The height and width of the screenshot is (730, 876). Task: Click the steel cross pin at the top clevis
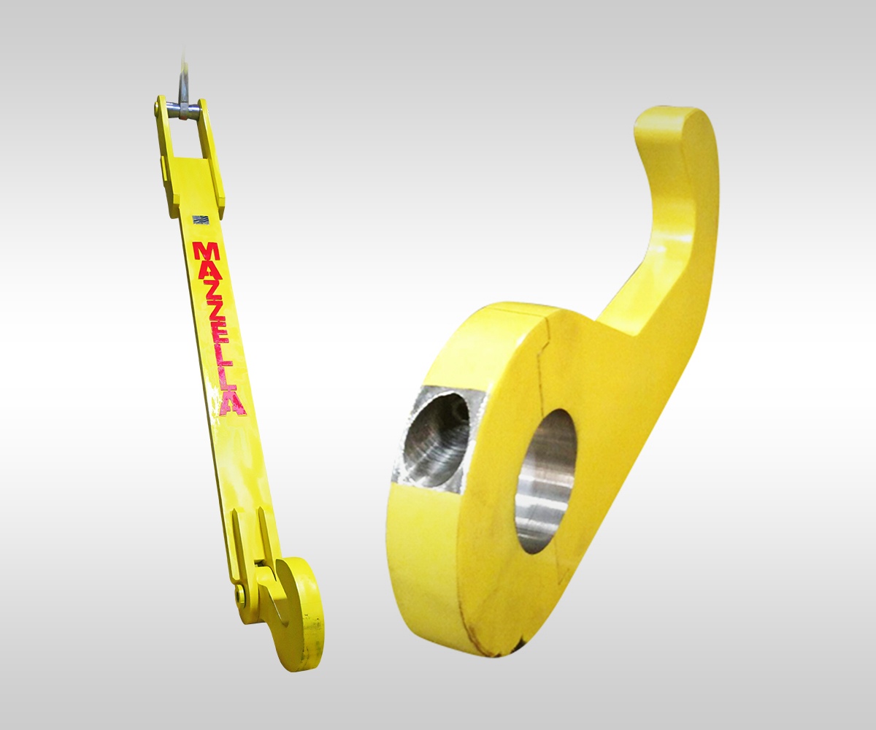182,109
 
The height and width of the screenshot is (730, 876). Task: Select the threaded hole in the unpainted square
437,438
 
